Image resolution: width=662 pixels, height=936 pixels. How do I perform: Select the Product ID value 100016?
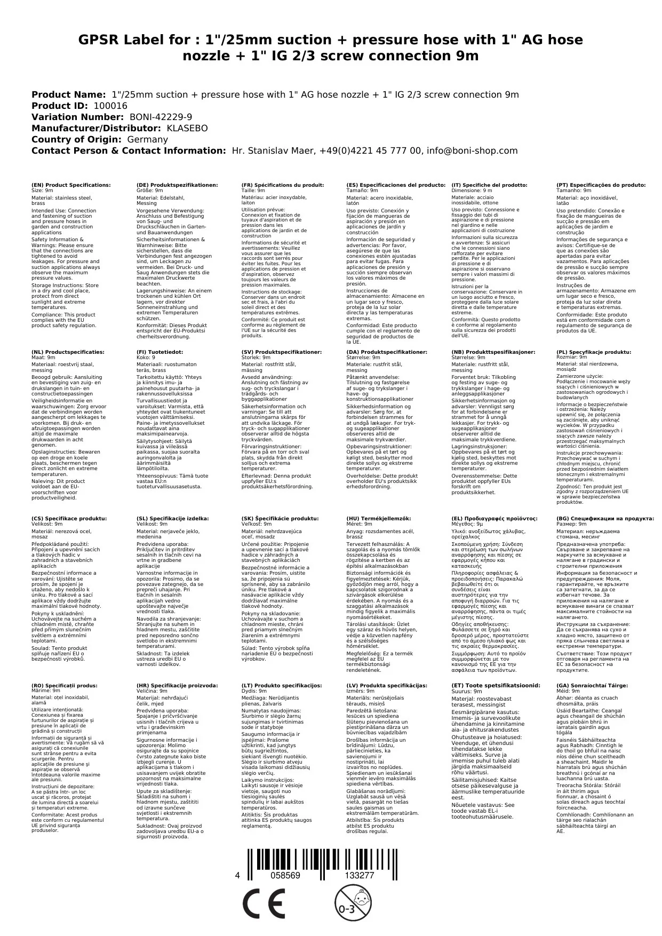click(110, 106)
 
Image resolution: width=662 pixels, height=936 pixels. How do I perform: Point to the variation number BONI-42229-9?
click(161, 117)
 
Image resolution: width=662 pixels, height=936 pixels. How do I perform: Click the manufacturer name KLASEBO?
click(187, 128)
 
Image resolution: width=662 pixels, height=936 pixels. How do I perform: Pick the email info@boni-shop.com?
click(473, 150)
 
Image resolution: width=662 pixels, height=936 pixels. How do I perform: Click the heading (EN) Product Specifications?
click(71, 185)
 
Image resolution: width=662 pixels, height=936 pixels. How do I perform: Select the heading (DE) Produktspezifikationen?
click(177, 185)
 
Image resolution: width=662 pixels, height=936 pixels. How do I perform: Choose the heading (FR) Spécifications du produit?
click(282, 185)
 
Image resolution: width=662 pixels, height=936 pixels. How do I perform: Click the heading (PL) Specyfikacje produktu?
click(594, 352)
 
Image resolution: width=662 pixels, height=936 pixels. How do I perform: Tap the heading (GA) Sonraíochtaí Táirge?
click(585, 685)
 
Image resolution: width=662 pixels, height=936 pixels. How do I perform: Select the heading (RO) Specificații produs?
click(64, 685)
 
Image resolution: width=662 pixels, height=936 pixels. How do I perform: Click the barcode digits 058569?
click(285, 876)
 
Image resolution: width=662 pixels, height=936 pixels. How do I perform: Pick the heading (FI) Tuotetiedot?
click(159, 352)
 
